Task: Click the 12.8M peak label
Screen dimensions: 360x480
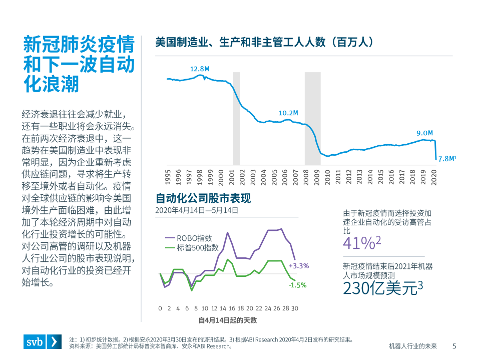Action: coord(199,69)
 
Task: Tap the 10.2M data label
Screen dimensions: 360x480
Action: coord(288,113)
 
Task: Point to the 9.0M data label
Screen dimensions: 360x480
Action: coord(424,133)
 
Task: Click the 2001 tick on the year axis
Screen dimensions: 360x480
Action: coord(232,177)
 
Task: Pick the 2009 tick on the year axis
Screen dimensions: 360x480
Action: coord(317,177)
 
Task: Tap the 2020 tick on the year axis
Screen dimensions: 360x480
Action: coord(434,177)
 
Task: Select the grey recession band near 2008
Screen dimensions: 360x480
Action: coord(313,118)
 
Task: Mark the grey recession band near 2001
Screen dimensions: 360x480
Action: coord(236,118)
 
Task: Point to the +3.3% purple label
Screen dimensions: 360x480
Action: coord(299,265)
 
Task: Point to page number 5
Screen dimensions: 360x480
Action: coord(454,346)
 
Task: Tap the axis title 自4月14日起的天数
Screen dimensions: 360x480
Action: coord(228,320)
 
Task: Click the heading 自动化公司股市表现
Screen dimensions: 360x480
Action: coord(203,198)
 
